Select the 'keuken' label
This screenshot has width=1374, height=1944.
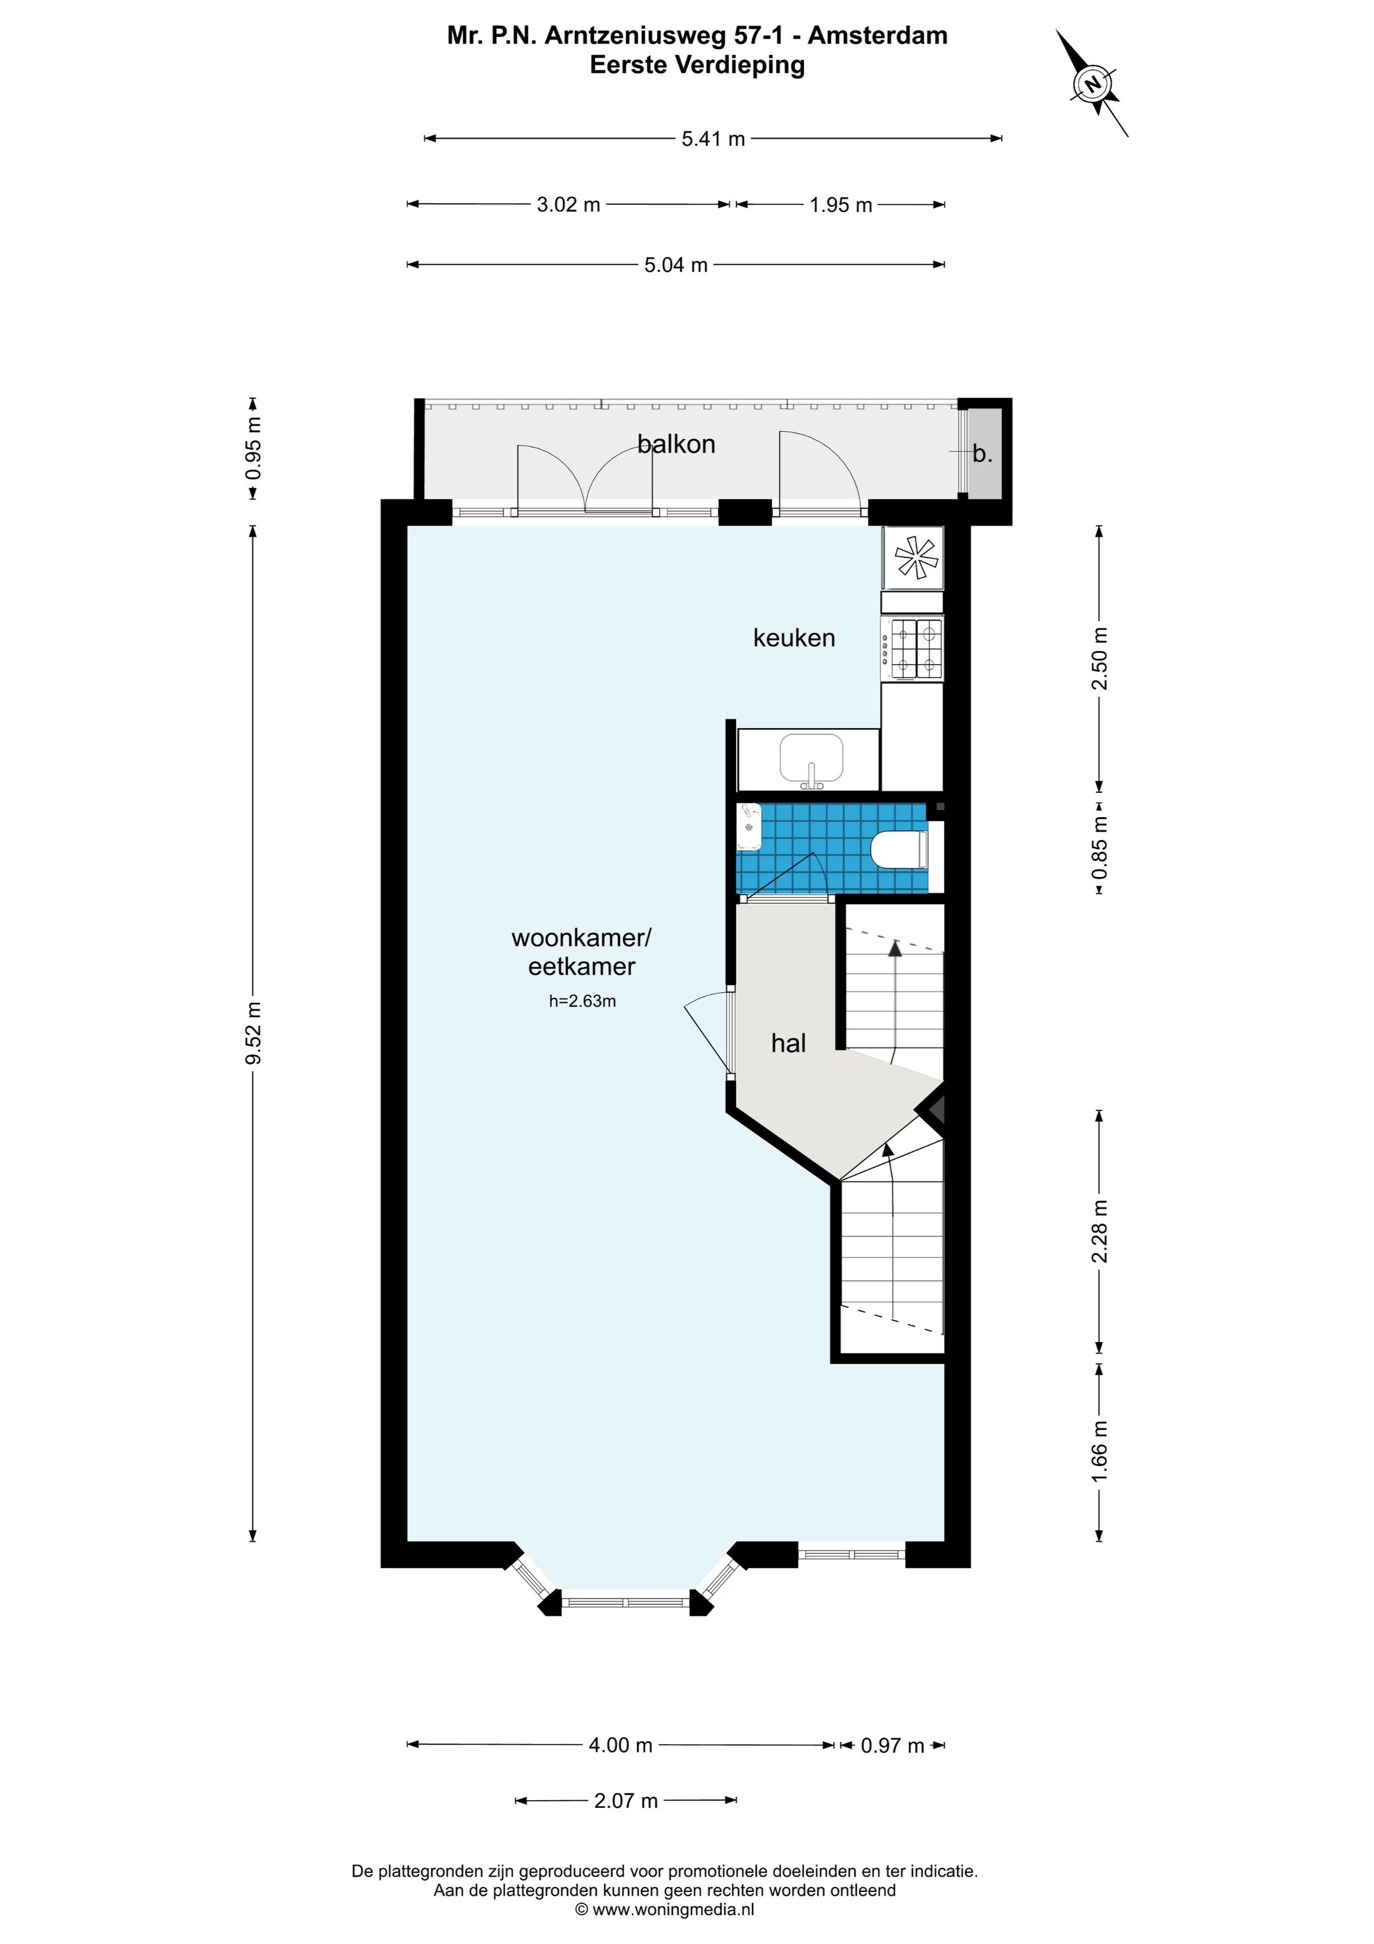pos(794,638)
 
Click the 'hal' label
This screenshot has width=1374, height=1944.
pos(788,1043)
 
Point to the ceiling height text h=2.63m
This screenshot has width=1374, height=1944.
pos(583,1001)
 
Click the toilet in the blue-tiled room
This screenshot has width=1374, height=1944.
pos(899,850)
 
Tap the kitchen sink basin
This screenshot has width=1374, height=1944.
pos(811,758)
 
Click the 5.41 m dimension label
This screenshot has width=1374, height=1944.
pos(713,139)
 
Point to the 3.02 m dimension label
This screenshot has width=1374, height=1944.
pos(568,205)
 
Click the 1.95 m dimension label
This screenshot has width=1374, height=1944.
pos(841,205)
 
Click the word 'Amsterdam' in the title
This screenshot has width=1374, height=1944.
pos(877,36)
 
